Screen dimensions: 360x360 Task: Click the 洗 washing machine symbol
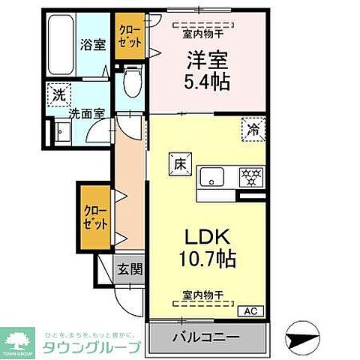(x=57, y=96)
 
